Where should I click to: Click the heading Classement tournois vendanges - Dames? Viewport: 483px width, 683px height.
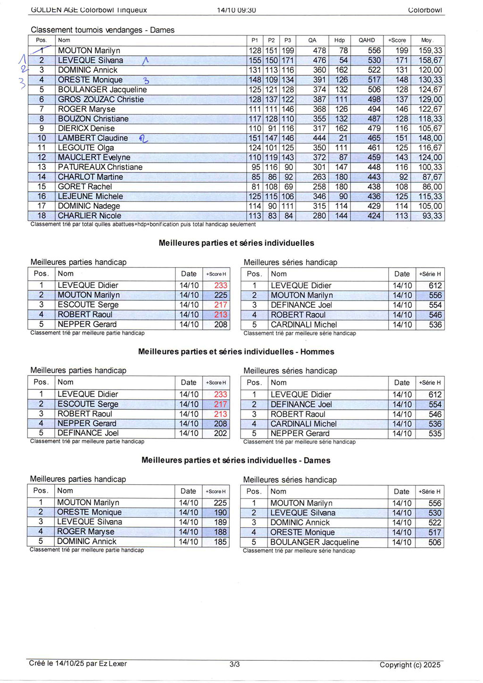[102, 30]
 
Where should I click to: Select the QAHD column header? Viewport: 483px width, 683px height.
[366, 40]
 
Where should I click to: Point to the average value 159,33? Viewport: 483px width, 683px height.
[430, 51]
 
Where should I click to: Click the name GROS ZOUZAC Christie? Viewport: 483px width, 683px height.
[100, 99]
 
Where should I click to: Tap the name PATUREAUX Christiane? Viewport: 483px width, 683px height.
[100, 167]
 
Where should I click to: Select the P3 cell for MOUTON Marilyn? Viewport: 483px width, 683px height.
[288, 51]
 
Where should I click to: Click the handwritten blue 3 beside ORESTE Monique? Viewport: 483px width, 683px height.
[146, 81]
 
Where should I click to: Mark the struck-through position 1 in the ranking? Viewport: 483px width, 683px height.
[42, 50]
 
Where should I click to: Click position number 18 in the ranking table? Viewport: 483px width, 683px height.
[42, 216]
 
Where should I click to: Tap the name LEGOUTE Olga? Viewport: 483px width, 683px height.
[86, 148]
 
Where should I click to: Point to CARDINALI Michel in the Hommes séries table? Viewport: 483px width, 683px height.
[303, 424]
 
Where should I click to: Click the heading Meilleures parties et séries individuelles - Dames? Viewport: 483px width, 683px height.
[236, 460]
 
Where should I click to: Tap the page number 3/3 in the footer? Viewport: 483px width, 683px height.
[234, 664]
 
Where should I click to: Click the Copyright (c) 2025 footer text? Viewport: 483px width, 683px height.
[410, 665]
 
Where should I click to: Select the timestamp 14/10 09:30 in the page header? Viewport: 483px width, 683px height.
[236, 10]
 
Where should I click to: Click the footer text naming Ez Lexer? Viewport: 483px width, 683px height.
[78, 663]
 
